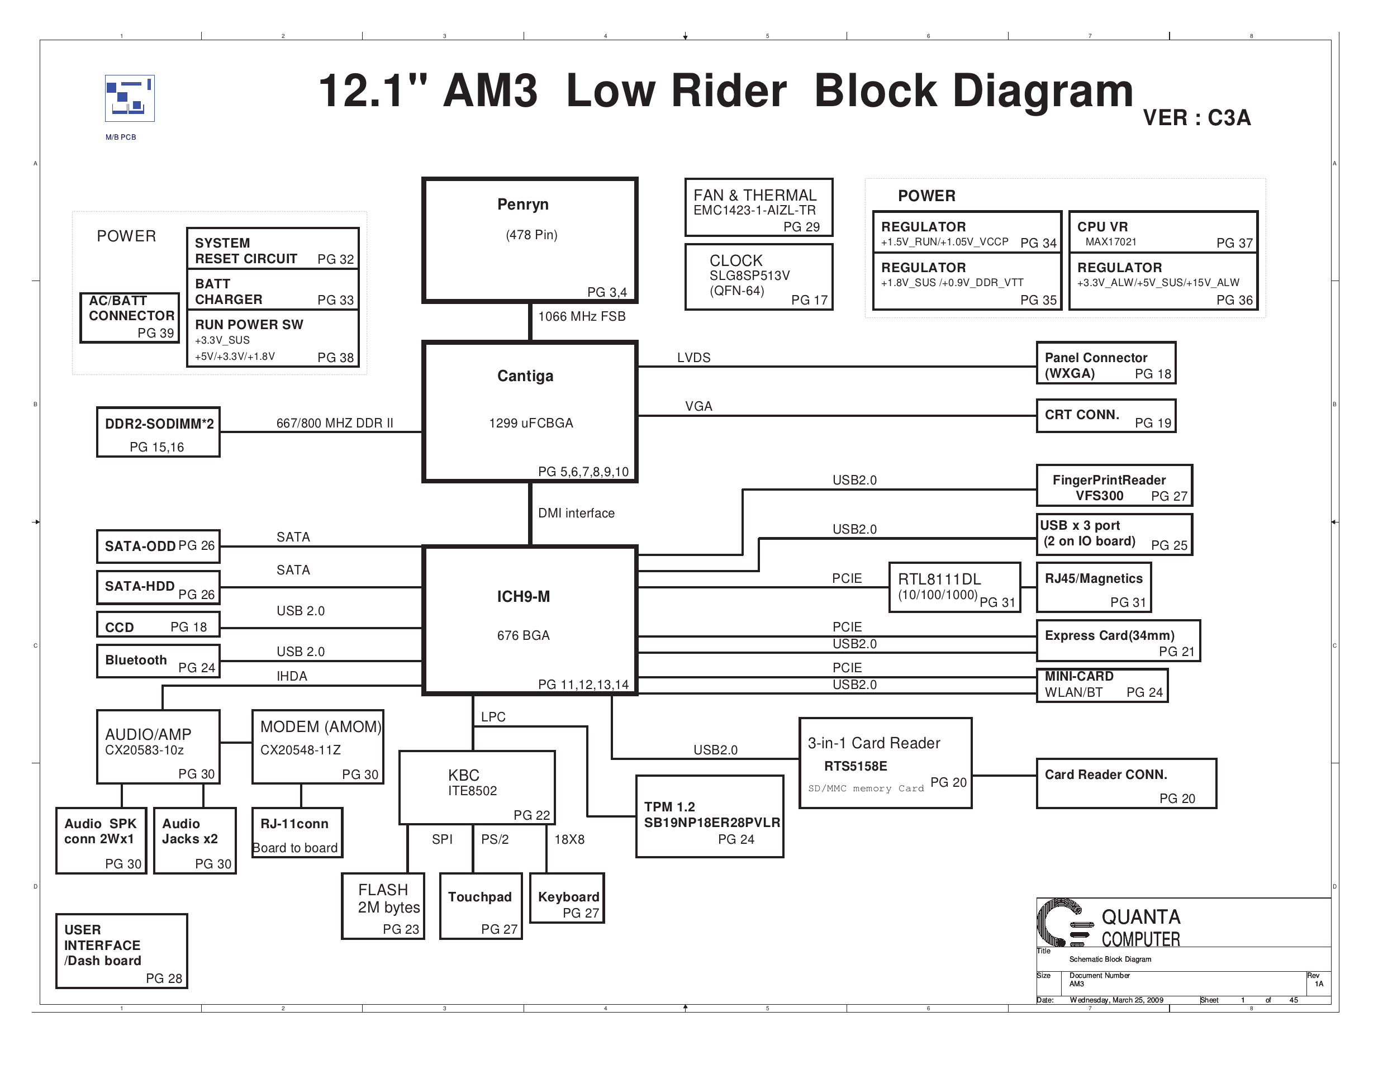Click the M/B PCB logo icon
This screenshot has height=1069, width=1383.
[129, 98]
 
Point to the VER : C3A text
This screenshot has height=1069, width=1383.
[1196, 118]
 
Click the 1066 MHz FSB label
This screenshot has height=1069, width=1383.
[581, 317]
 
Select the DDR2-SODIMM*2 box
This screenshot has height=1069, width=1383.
[158, 432]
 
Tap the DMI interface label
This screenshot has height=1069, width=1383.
[576, 513]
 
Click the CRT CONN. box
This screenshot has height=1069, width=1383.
[1106, 416]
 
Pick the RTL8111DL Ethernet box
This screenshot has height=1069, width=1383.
[954, 588]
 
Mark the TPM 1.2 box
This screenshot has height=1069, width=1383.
[709, 816]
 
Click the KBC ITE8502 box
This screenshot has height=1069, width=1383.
[477, 788]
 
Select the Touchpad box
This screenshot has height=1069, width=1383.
[481, 906]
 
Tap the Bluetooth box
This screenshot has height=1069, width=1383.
[158, 661]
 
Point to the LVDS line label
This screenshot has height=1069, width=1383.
[693, 358]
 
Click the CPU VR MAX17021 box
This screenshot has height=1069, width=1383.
[1163, 232]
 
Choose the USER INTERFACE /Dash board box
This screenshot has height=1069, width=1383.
[122, 951]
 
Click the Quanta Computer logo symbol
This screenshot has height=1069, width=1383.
[1064, 923]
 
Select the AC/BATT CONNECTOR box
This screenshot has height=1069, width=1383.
[130, 318]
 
